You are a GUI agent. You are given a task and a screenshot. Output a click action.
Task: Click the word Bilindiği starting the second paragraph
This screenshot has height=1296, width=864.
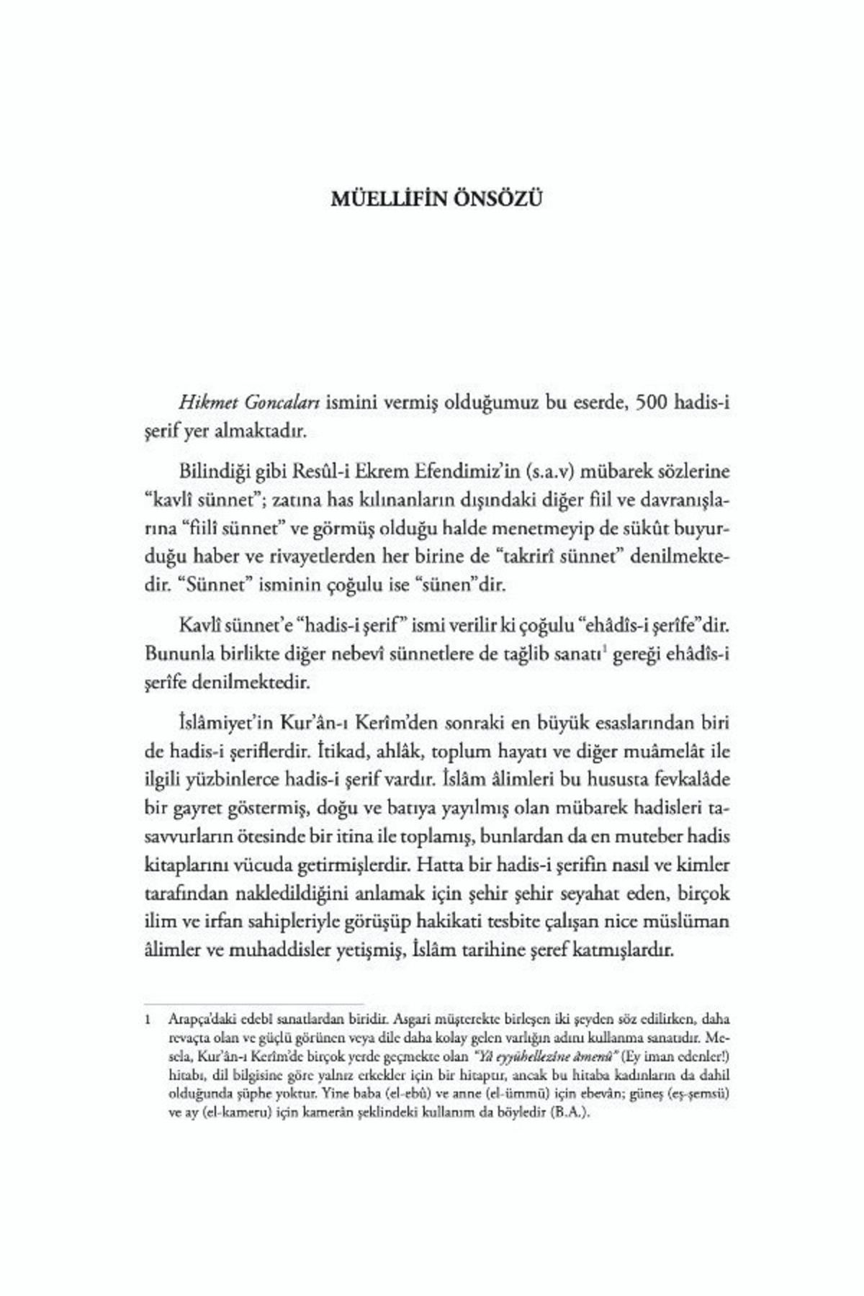(215, 472)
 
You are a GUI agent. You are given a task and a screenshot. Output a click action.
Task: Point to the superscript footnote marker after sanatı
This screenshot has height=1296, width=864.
(602, 649)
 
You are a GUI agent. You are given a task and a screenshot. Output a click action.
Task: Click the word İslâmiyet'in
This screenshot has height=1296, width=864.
(227, 722)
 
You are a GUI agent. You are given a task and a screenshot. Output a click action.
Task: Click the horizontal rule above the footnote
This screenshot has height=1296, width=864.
(253, 1003)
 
